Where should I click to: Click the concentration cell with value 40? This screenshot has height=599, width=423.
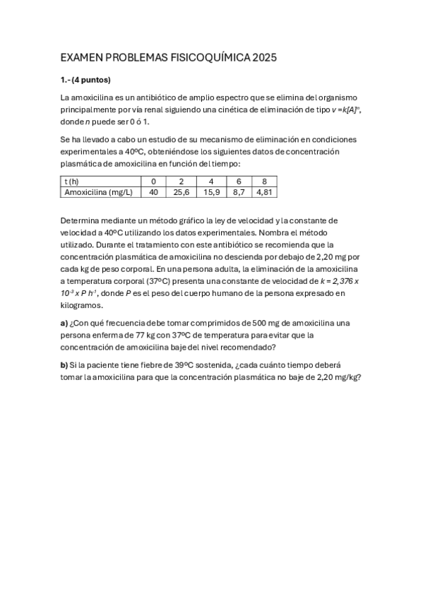point(153,191)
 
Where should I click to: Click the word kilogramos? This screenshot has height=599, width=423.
point(82,306)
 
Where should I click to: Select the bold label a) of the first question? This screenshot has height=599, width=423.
point(64,323)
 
